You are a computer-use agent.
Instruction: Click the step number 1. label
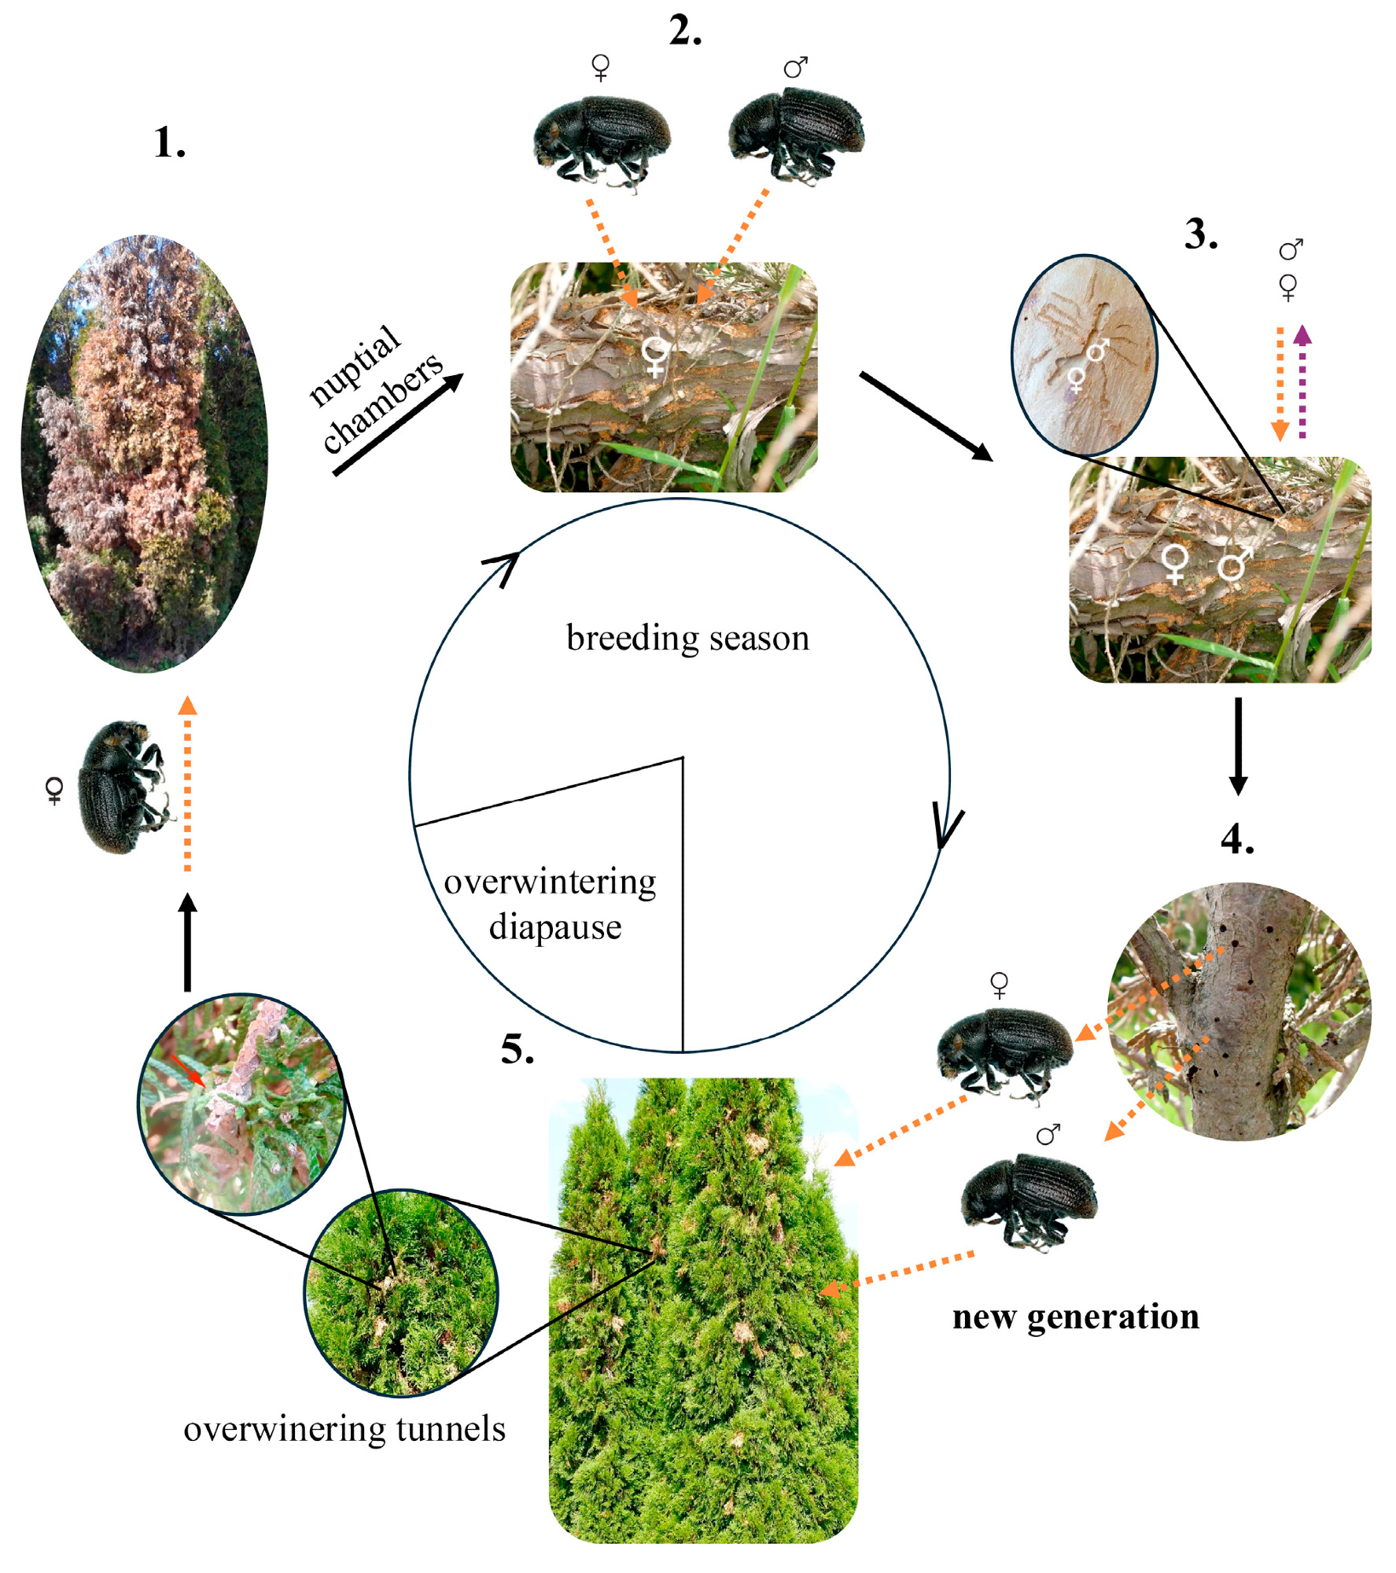coord(169,143)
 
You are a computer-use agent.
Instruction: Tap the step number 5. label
coord(517,1049)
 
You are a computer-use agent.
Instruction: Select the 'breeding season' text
coord(687,638)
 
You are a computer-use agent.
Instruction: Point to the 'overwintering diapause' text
coord(551,904)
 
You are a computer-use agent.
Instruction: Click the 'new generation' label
coord(1075,1317)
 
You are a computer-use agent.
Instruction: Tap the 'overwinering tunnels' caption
coord(344,1429)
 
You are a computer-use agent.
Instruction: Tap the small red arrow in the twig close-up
coord(188,1071)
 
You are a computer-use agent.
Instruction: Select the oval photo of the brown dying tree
coord(144,454)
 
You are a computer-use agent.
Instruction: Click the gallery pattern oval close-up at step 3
coord(1084,355)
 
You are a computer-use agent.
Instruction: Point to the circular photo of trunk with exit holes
coord(1239,1011)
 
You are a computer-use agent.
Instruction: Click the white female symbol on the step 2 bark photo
coord(654,356)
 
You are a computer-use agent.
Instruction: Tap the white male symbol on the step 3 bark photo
coord(1234,564)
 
